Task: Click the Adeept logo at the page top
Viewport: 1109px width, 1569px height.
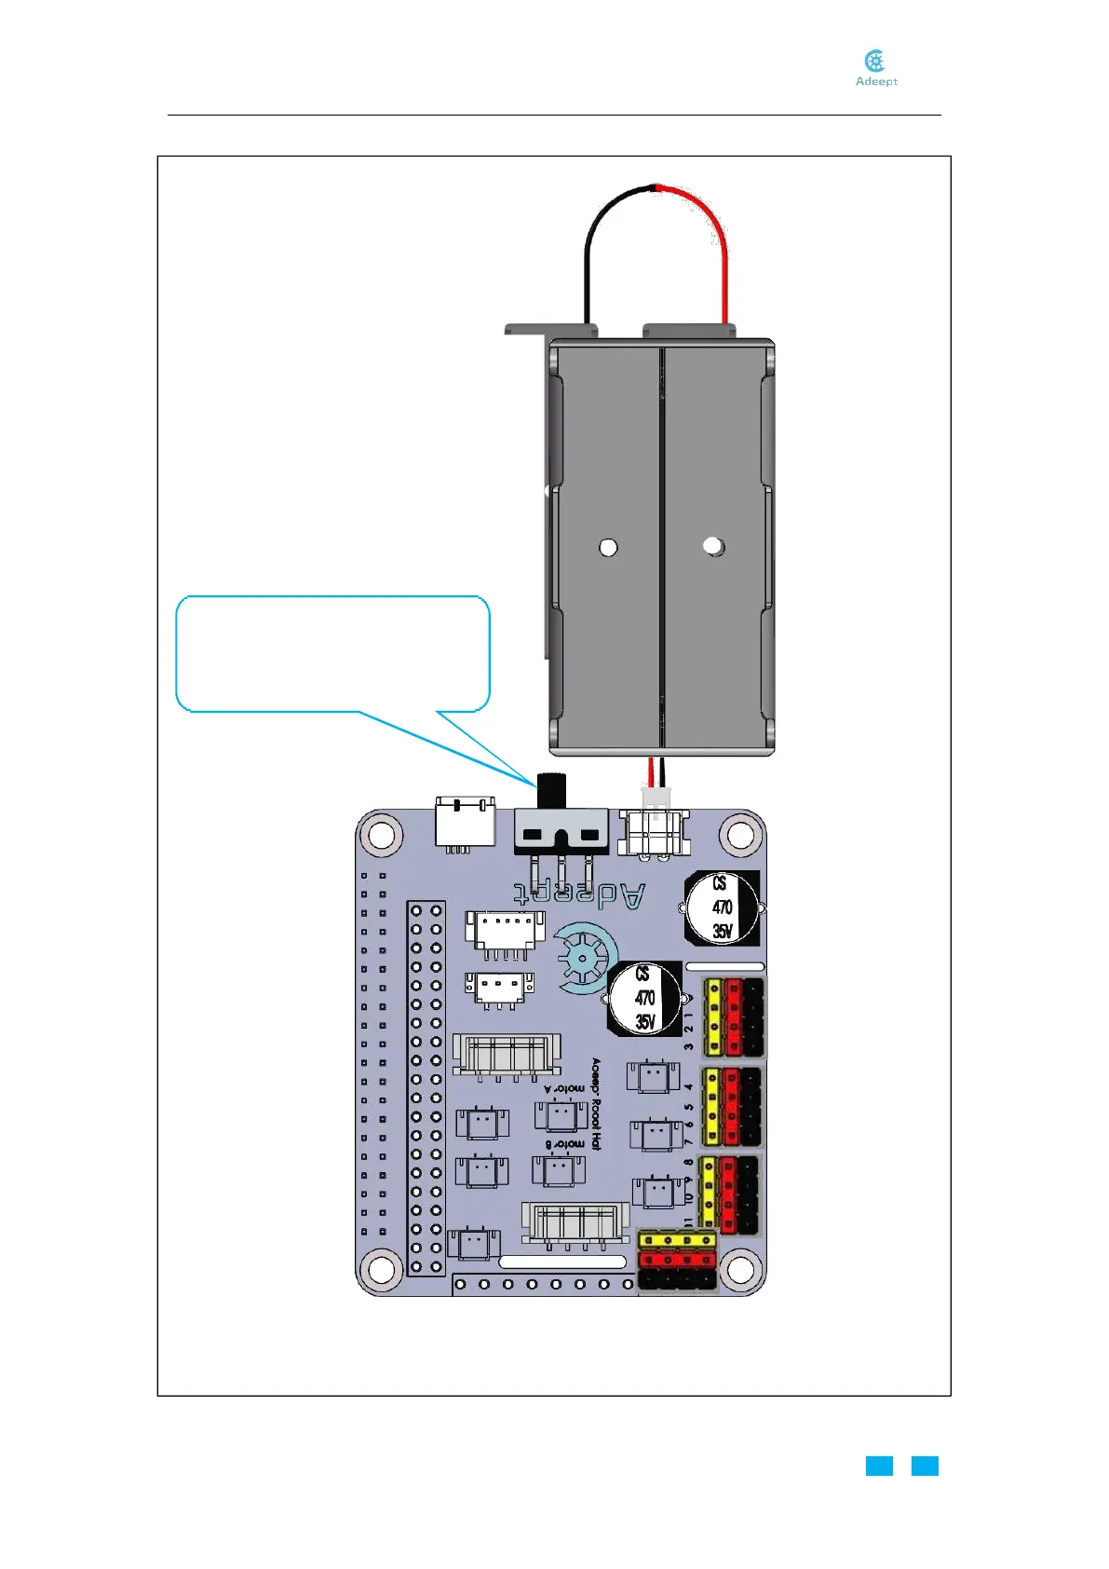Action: pos(875,68)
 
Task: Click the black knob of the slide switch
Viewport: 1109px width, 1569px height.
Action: pos(553,791)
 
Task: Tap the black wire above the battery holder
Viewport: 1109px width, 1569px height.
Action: pos(592,242)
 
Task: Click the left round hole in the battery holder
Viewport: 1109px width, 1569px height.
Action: pos(608,547)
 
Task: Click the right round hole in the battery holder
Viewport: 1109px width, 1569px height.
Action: pos(713,546)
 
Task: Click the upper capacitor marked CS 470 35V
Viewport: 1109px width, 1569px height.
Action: pos(723,907)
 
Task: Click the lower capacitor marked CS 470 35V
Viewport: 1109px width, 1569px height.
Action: pos(644,998)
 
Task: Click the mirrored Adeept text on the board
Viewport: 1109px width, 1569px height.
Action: pos(579,894)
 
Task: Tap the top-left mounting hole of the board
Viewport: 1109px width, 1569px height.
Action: pos(380,833)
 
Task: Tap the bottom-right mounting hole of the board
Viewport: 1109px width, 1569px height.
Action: pos(739,1269)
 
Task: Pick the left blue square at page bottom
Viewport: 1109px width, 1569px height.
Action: pos(879,1466)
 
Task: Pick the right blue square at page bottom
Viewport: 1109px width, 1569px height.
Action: pos(925,1466)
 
